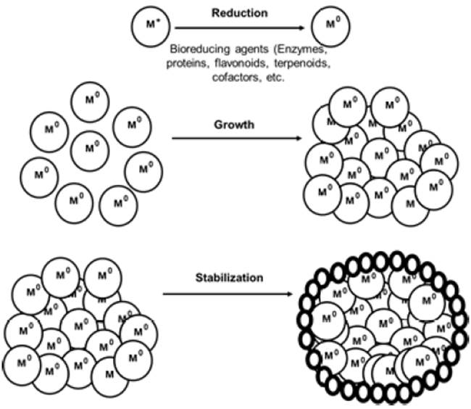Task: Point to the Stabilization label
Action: pos(230,277)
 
